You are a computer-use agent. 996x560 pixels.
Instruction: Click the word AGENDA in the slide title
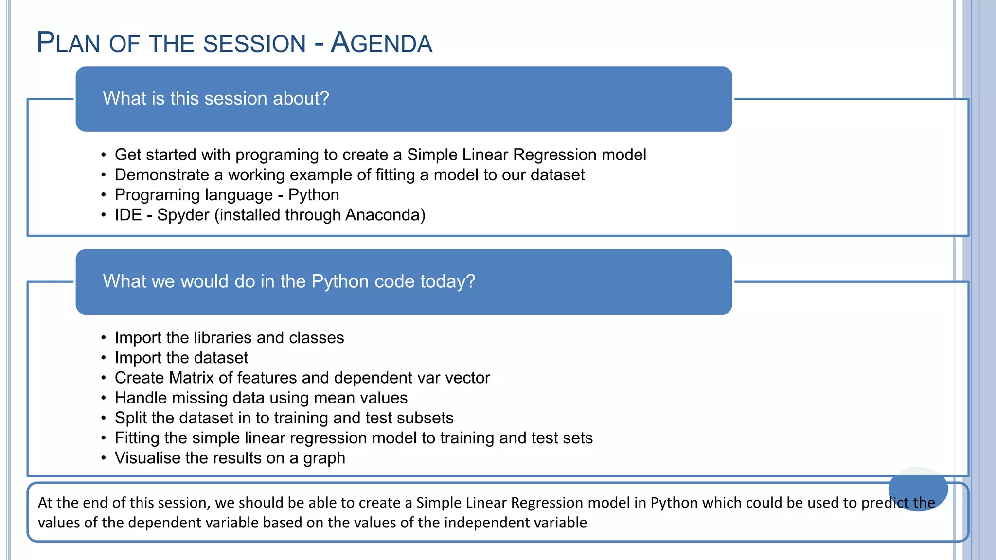[x=381, y=43]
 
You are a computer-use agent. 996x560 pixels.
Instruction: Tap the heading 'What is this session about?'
[x=216, y=99]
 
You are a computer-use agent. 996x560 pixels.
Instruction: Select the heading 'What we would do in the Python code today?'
[x=289, y=281]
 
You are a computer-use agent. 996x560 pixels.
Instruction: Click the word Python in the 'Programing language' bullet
[x=314, y=195]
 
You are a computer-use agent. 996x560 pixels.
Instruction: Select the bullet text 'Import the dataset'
[x=181, y=358]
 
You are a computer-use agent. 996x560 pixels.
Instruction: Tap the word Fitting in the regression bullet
[x=137, y=438]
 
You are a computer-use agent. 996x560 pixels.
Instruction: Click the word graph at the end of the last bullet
[x=324, y=458]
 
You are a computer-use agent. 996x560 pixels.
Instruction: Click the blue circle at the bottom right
[x=918, y=489]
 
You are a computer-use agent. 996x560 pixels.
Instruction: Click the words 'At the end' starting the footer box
[x=68, y=503]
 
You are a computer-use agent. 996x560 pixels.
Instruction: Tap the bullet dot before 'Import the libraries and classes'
[x=104, y=338]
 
